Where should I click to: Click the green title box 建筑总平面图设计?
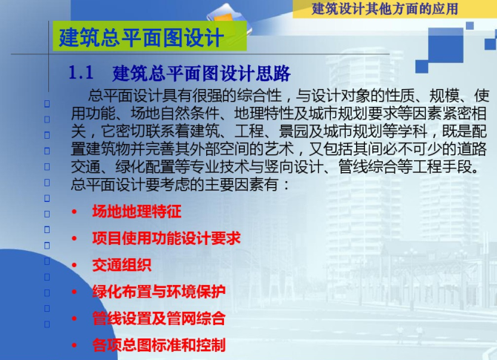[x=150, y=36]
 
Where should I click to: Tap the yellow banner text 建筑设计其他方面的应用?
[x=385, y=9]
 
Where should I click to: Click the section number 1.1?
[x=81, y=72]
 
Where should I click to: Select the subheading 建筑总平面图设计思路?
[x=202, y=73]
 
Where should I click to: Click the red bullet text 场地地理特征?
[x=136, y=212]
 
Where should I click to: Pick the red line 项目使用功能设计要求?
[x=166, y=238]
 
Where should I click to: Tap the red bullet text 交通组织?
[x=122, y=265]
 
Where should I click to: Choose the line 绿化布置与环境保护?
[x=159, y=292]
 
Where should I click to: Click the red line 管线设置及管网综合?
[x=159, y=318]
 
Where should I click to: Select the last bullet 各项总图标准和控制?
[x=159, y=345]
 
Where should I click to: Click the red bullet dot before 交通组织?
[x=74, y=265]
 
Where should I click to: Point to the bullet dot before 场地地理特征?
[x=74, y=212]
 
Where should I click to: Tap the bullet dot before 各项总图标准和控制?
[x=74, y=345]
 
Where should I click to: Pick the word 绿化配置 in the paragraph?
[x=145, y=167]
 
